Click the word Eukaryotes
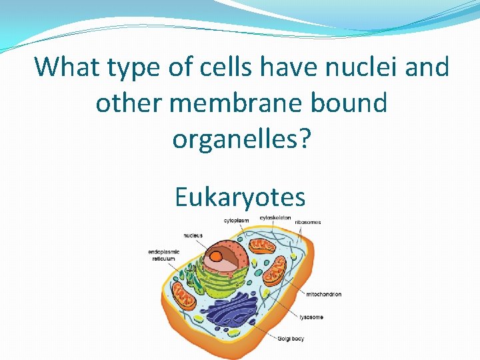pyautogui.click(x=240, y=197)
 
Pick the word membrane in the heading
pyautogui.click(x=256, y=103)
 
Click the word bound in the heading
pyautogui.click(x=355, y=103)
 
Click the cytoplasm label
pyautogui.click(x=237, y=220)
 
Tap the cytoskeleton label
pyautogui.click(x=275, y=217)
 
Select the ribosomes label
pyautogui.click(x=307, y=222)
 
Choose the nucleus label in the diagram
pyautogui.click(x=193, y=235)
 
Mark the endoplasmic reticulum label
pyautogui.click(x=163, y=255)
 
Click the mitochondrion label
pyautogui.click(x=324, y=294)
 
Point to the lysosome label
pyautogui.click(x=311, y=317)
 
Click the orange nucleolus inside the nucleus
pyautogui.click(x=217, y=255)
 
